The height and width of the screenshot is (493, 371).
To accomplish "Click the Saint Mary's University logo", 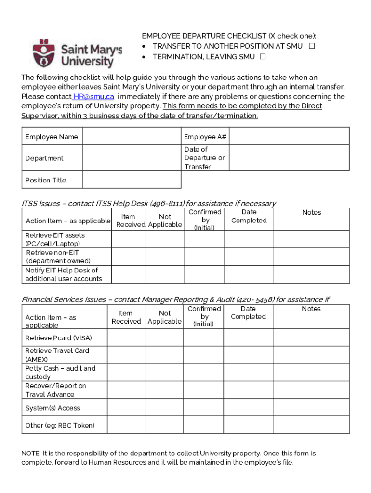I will coord(77,53).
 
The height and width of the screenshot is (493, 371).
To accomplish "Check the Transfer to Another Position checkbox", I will coord(312,46).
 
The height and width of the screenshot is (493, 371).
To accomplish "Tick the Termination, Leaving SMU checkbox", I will coord(263,57).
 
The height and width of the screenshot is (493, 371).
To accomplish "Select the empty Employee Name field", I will coord(132,137).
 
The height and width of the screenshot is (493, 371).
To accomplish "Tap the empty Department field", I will coord(132,158).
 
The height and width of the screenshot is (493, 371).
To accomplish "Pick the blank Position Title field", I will coord(132,180).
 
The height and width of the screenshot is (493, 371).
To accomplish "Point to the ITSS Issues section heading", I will coord(149,203).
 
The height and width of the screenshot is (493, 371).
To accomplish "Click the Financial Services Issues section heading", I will coord(175,299).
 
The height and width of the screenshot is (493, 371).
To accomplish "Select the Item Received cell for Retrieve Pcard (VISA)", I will coord(126,337).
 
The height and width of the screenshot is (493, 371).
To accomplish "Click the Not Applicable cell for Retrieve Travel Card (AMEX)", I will coord(164,355).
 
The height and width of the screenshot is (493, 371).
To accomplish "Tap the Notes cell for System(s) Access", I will coord(311,408).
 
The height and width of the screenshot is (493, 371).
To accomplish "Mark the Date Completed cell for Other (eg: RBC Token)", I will coord(248,425).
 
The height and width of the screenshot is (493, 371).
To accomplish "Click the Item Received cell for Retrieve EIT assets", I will coord(128,239).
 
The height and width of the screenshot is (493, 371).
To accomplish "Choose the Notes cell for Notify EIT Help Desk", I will coord(311,274).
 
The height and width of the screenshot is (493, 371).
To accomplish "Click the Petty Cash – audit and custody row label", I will coord(61,373).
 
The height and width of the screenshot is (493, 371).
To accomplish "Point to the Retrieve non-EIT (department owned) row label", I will coord(58,257).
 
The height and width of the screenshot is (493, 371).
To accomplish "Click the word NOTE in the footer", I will coord(31,454).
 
